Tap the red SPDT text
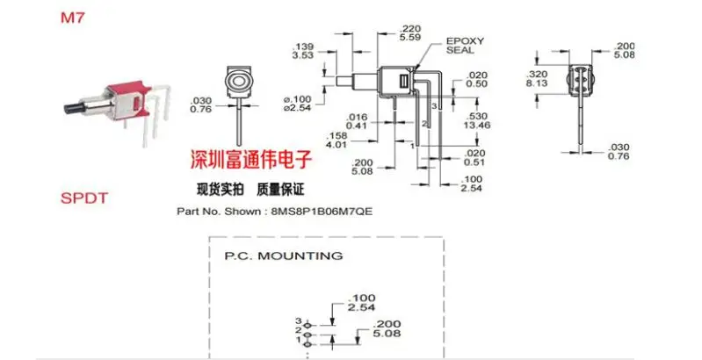(83, 198)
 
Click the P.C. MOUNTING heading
(283, 256)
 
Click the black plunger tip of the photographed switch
(72, 109)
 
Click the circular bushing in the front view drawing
(236, 84)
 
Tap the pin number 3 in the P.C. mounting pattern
(298, 321)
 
